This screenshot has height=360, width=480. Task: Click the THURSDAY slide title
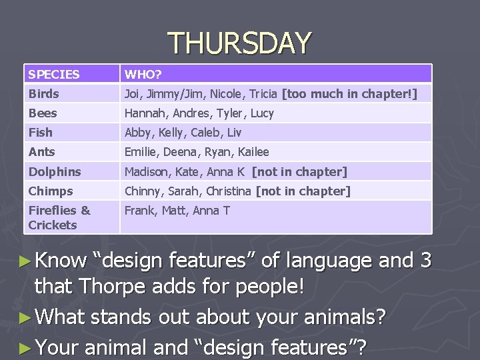pos(239,44)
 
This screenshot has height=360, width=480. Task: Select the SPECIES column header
pos(54,75)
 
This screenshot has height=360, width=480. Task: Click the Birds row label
pos(44,94)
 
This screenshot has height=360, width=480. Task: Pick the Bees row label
pos(43,113)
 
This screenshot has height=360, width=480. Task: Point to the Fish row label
pos(40,133)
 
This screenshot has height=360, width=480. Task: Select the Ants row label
pos(41,152)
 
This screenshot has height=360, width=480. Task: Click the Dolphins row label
pos(55,172)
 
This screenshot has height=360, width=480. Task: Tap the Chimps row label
pos(51,191)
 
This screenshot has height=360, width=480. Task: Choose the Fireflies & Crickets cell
pos(59,217)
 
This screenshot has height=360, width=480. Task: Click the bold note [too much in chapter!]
pos(350,94)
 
